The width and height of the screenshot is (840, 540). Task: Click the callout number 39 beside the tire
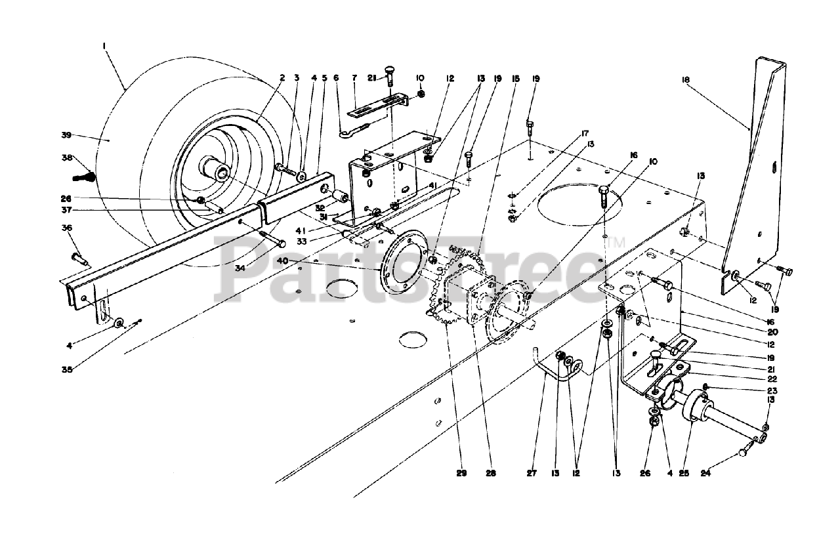tap(66, 136)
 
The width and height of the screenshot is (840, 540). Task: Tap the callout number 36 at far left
tap(67, 228)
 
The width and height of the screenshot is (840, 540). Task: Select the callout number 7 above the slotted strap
tap(354, 77)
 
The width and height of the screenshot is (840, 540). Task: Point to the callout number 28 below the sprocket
tap(491, 472)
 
